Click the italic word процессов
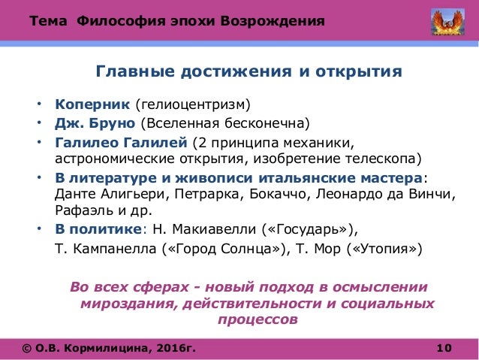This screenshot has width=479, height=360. pos(257,319)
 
